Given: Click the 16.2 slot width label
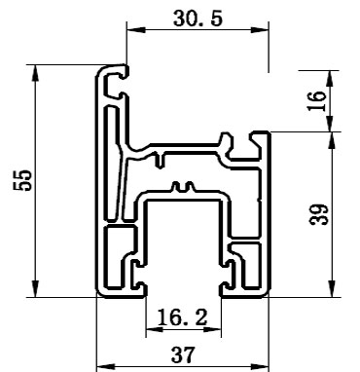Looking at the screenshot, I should coord(182,316).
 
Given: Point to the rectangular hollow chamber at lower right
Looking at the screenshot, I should coord(250,255).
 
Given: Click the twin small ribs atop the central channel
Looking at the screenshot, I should coord(180,185).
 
